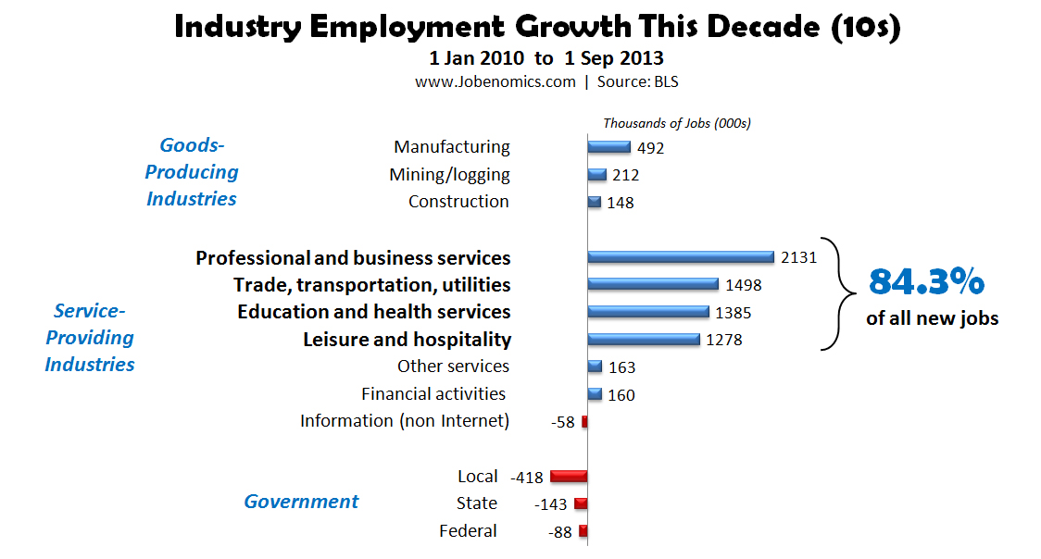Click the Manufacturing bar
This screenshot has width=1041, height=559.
(x=609, y=147)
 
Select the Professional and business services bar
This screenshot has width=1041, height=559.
(x=681, y=257)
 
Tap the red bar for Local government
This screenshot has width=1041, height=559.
(x=569, y=477)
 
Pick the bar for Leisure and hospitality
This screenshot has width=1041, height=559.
(x=644, y=340)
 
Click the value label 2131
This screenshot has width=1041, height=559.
(x=799, y=258)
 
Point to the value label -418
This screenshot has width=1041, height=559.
(x=526, y=478)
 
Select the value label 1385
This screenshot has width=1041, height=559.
(x=734, y=313)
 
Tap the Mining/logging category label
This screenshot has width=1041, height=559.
(x=449, y=175)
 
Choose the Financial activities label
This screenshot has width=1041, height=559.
(x=433, y=394)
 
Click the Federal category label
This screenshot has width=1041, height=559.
(x=468, y=531)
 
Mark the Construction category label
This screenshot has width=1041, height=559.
(x=458, y=202)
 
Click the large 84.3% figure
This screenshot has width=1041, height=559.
(x=925, y=280)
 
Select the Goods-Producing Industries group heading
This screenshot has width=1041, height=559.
(x=192, y=172)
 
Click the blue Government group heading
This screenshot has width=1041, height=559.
(x=301, y=502)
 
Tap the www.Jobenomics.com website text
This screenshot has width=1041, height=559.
(x=495, y=81)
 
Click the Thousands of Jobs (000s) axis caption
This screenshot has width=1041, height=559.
(x=676, y=123)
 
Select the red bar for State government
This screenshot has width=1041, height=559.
(x=581, y=504)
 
